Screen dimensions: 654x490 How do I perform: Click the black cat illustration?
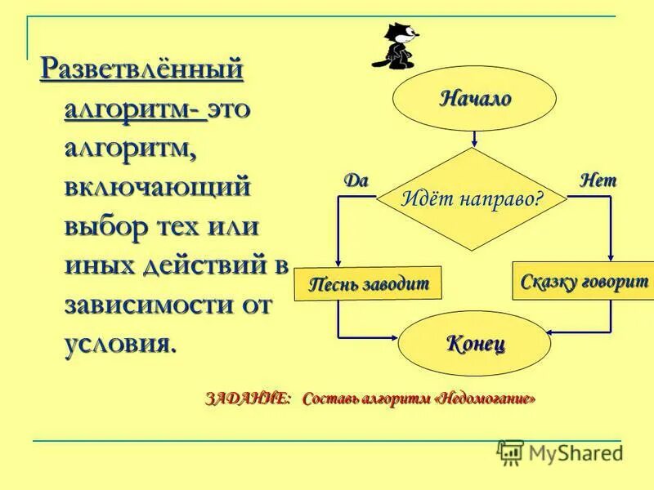(x=396, y=46)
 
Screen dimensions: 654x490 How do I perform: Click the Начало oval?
(x=475, y=99)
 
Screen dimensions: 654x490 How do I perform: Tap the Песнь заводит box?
(x=368, y=283)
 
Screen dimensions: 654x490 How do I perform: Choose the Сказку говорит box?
(x=584, y=282)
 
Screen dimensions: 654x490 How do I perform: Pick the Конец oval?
(x=474, y=342)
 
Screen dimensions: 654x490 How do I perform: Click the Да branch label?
(x=356, y=180)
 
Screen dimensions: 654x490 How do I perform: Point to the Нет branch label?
(x=598, y=180)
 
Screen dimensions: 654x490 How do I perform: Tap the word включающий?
(x=156, y=187)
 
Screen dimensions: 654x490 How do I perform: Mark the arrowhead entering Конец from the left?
(x=392, y=336)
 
